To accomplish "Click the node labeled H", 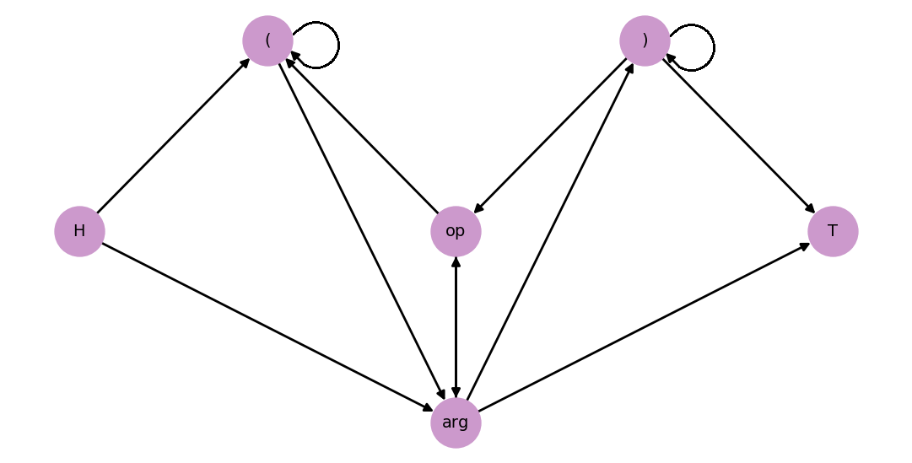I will pos(79,231).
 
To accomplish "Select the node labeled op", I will pos(456,231).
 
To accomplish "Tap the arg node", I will pos(456,423).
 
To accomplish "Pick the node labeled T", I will pos(833,231).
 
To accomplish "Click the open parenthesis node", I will pos(267,40).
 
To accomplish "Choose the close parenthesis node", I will pos(645,40).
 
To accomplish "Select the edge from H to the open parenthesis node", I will pos(173,136).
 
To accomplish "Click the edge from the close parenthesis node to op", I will pos(550,136).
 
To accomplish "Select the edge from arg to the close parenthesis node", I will pos(550,231).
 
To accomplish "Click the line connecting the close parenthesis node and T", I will pos(739,136).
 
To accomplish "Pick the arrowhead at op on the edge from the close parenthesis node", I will pos(478,209).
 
